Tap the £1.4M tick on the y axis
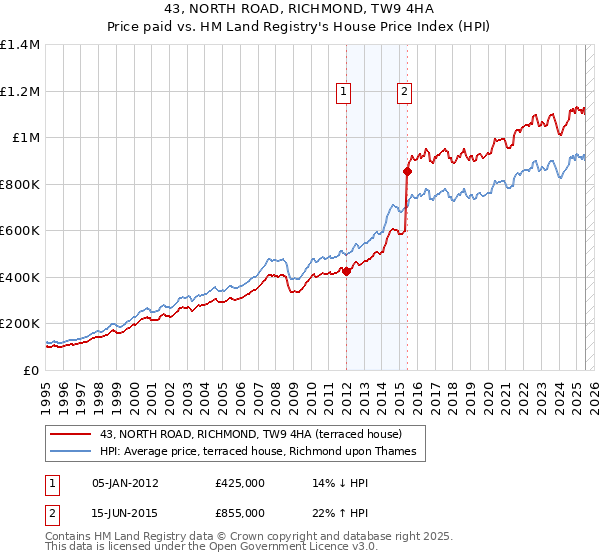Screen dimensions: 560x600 [x=20, y=45]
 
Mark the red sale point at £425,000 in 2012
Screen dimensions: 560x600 [x=346, y=270]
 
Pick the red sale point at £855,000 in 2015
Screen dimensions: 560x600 [x=407, y=171]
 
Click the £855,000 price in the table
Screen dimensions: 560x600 [x=240, y=512]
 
